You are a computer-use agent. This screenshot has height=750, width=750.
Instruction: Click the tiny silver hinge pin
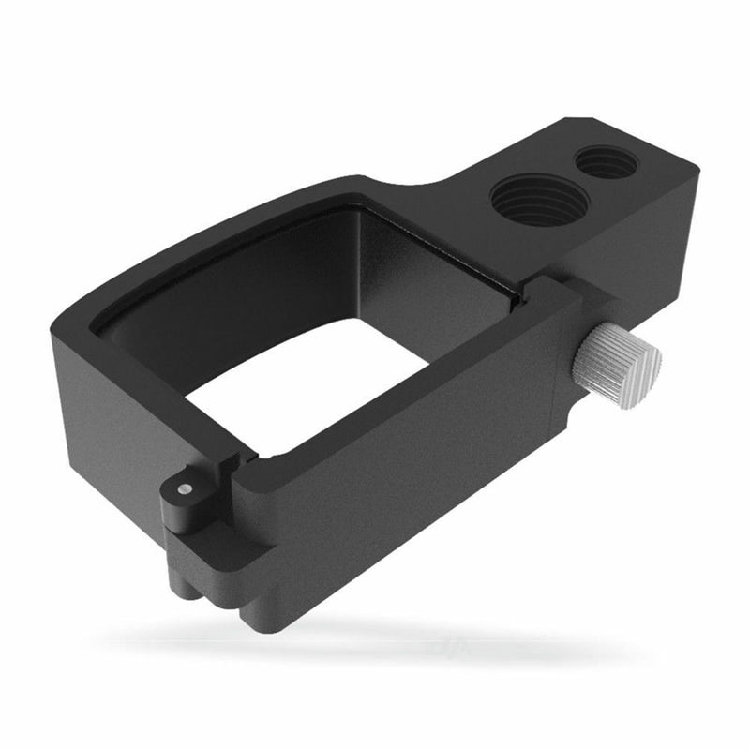pyautogui.click(x=186, y=488)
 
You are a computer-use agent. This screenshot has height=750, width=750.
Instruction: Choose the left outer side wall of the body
pyautogui.click(x=103, y=403)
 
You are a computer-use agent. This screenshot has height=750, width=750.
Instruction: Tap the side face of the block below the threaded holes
pyautogui.click(x=637, y=253)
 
